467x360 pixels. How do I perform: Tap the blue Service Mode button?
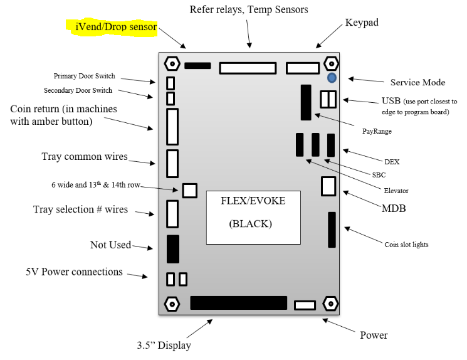[332, 78]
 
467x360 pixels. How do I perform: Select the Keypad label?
[362, 23]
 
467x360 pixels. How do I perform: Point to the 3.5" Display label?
[164, 345]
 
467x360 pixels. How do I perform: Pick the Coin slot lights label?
[406, 244]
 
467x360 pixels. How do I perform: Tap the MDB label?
[394, 208]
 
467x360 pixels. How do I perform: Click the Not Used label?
[110, 245]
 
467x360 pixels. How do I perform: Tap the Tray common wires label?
[84, 156]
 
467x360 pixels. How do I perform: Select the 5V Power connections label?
[74, 272]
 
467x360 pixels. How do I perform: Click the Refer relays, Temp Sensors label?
[248, 9]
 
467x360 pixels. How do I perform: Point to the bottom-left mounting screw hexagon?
[170, 305]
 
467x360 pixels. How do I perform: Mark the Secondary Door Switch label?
[79, 91]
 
